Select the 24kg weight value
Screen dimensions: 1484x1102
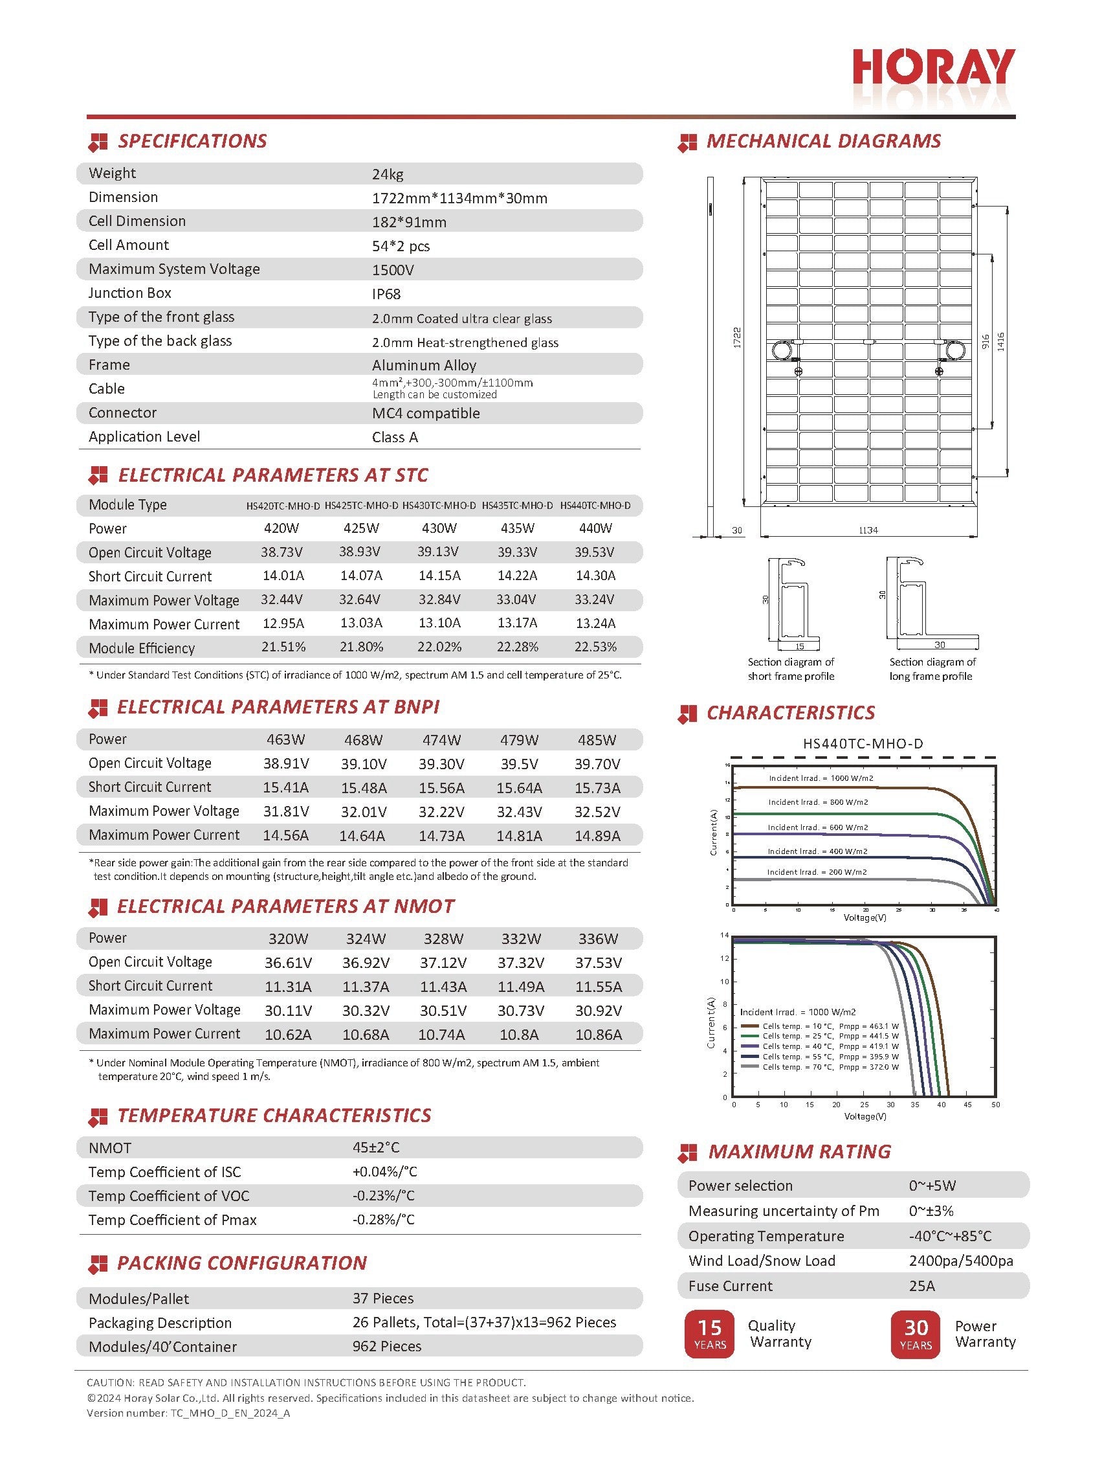click(388, 174)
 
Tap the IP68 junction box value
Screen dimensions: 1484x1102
click(386, 294)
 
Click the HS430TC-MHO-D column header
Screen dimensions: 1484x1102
click(439, 506)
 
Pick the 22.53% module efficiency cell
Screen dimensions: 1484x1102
click(595, 647)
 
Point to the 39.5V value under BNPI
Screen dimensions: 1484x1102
click(519, 764)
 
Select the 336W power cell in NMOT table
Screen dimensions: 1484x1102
click(598, 939)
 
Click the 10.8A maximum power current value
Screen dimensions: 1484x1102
click(520, 1034)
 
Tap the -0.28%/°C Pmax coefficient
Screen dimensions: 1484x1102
click(384, 1220)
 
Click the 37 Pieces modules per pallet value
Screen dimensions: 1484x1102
click(383, 1299)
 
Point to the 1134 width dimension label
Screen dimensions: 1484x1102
click(868, 530)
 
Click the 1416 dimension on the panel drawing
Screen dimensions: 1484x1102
click(1000, 342)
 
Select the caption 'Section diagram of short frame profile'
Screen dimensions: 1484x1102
click(791, 669)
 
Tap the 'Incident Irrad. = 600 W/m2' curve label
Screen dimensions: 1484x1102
click(817, 827)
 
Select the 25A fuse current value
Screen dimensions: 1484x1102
click(921, 1287)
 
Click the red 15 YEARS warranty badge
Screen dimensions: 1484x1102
click(709, 1334)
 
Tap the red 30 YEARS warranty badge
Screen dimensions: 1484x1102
click(915, 1334)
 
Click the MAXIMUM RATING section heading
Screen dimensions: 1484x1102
click(799, 1152)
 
